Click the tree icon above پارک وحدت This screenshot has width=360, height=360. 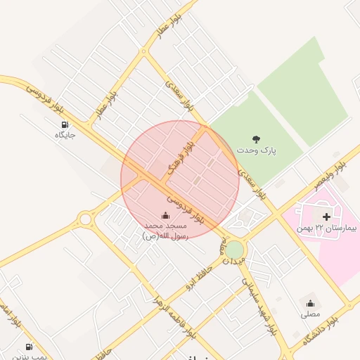[256, 139]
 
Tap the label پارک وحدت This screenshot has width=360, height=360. [256, 150]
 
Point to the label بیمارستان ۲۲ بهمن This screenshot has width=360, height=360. [327, 228]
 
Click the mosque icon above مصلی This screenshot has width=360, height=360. [310, 303]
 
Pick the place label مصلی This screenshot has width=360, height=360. [310, 314]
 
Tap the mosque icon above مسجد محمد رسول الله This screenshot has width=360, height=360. [165, 215]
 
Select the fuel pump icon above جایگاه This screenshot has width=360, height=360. [65, 124]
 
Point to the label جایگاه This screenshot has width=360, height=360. [65, 134]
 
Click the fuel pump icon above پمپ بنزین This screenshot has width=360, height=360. [29, 347]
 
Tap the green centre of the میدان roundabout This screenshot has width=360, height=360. [234, 249]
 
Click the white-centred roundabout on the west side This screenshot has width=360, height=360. [86, 219]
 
